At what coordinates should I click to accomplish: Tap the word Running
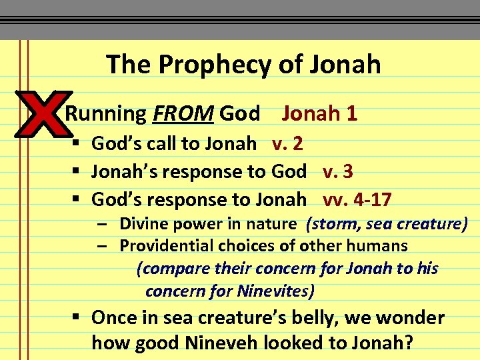(105, 114)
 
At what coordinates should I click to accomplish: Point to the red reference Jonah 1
(319, 113)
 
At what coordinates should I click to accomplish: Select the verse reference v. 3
(338, 171)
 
